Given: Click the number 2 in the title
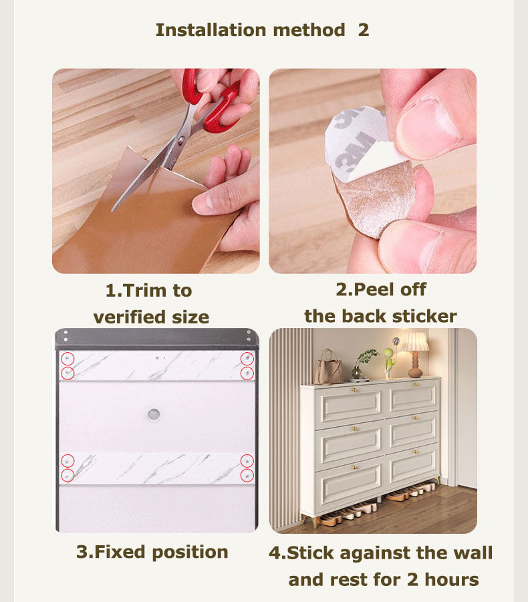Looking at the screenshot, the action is pos(364,30).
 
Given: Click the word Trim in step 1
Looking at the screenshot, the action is pos(146,290).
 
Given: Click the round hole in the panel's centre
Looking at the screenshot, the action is pos(154,414).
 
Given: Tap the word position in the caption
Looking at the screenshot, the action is pos(190,553).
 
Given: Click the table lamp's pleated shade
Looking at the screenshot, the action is pos(415,341).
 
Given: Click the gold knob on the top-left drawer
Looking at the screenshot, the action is pos(355,390).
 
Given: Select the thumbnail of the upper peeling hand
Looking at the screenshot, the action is pos(428,124).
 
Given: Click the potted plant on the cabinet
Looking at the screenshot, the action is pos(363,363).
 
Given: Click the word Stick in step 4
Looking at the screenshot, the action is pos(310,553).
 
